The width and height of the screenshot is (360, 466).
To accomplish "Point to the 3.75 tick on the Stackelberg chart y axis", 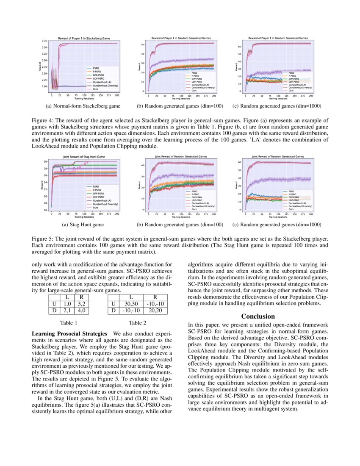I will tap(44, 41).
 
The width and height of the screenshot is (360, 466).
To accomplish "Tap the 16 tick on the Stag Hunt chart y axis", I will tap(46, 210).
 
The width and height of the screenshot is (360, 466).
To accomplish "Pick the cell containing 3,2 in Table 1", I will tap(83, 304).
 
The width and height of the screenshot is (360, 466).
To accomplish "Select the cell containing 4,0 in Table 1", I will tap(83, 311).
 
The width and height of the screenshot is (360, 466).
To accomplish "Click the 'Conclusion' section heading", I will tap(258, 316).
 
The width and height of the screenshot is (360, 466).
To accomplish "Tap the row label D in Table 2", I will tap(113, 311).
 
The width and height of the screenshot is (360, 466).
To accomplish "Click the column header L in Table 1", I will tap(66, 297).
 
